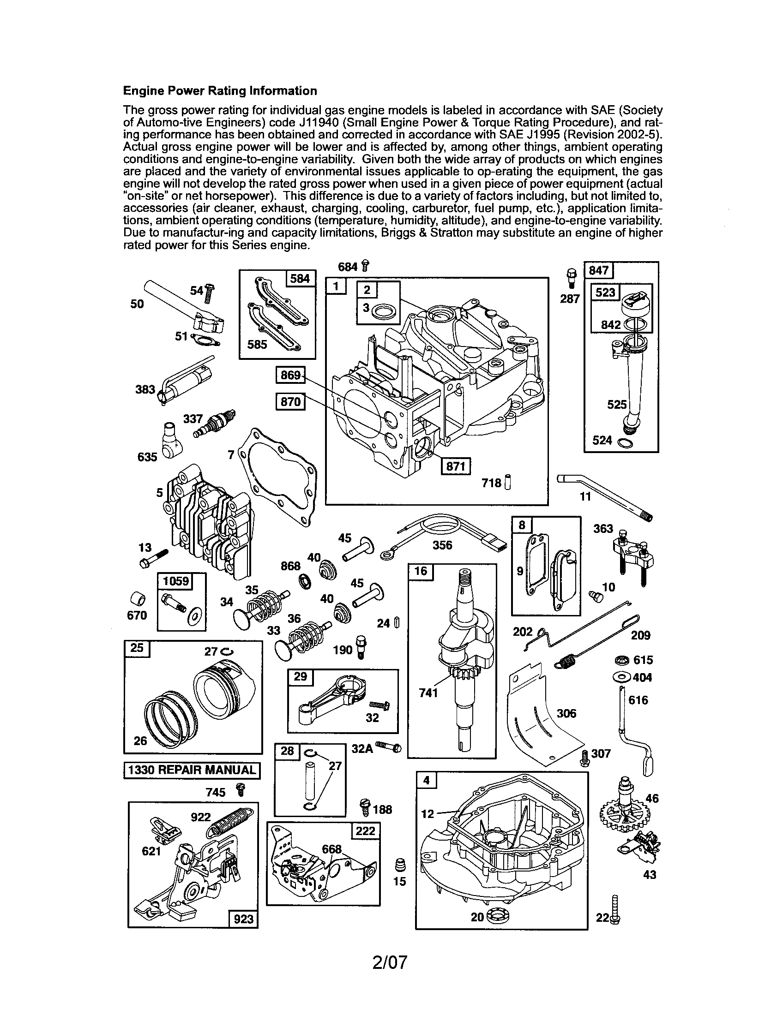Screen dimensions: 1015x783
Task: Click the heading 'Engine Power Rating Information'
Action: click(220, 90)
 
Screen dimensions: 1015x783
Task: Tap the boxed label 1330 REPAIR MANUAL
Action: click(192, 770)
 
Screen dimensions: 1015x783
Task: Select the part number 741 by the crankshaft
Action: click(428, 693)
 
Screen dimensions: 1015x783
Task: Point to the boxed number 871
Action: click(455, 466)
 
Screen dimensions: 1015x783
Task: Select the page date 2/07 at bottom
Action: click(390, 962)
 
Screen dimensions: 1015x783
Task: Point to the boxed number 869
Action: click(290, 375)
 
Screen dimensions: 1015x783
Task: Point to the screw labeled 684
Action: click(365, 266)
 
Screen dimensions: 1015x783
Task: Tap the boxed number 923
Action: click(243, 919)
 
